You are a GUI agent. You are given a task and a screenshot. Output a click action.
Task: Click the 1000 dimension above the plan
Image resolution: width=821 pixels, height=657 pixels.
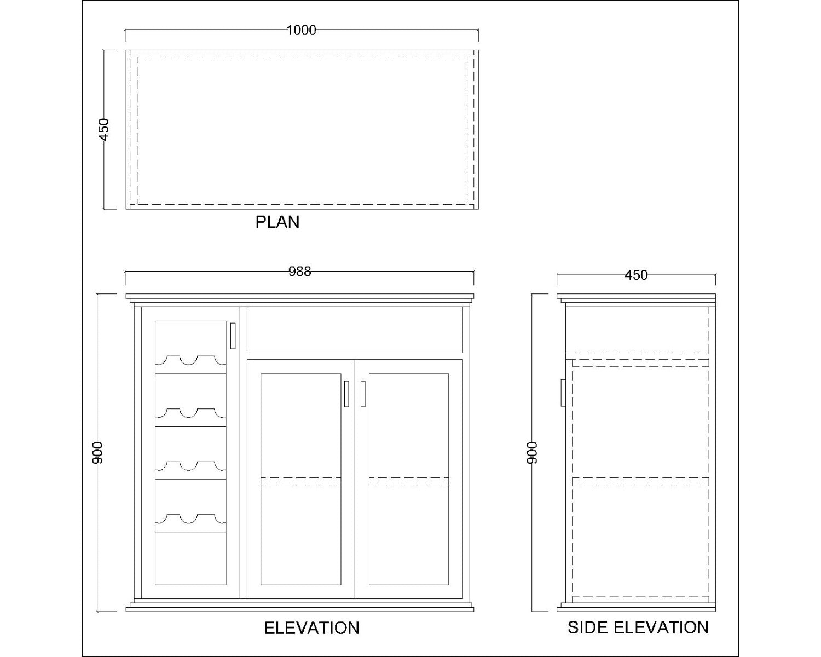[x=301, y=30]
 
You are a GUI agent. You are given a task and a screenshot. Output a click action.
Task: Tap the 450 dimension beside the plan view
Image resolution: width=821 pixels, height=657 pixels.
[x=104, y=129]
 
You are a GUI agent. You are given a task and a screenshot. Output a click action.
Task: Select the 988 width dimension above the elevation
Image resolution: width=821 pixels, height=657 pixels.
[x=299, y=272]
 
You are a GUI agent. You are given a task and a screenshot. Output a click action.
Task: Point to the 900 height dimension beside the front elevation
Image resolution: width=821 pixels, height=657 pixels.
[x=97, y=453]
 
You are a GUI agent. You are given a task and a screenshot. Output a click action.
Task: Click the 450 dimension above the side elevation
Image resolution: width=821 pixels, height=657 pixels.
[x=636, y=275]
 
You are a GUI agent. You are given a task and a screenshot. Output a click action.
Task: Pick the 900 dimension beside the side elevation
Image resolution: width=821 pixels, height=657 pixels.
[x=532, y=453]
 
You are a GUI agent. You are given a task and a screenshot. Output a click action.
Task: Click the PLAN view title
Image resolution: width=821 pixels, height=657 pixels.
[x=277, y=222]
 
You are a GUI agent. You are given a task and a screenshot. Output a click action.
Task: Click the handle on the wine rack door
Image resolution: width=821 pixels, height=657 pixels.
[x=233, y=336]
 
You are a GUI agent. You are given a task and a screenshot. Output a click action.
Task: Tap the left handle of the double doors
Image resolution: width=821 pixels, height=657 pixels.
[x=346, y=394]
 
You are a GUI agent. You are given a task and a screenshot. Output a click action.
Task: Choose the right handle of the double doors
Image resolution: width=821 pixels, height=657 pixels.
[x=363, y=394]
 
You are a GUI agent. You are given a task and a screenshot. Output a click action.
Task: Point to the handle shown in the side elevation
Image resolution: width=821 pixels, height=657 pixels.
[x=563, y=393]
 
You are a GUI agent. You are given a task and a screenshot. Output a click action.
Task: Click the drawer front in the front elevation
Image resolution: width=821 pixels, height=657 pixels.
[x=355, y=330]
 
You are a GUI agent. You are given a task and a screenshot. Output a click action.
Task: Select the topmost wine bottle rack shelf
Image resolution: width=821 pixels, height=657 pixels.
[x=190, y=365]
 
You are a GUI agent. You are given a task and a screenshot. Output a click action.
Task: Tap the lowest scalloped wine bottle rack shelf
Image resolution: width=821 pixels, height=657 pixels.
[x=190, y=523]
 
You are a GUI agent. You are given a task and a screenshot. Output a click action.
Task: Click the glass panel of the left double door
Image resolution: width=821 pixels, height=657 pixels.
[x=300, y=479]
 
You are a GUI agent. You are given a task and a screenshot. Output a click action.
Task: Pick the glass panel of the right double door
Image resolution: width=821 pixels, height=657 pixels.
[x=409, y=479]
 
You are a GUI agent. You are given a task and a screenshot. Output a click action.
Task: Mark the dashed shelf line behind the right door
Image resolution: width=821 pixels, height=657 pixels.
[x=409, y=481]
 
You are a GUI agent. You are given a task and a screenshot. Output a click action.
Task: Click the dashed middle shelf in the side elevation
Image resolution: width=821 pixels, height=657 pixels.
[x=640, y=481]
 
